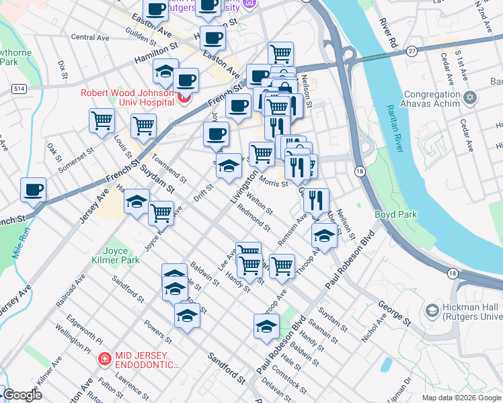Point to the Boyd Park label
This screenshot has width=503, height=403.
[x=395, y=215]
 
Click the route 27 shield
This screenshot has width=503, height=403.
[x=412, y=51]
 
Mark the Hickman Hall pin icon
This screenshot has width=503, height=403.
[x=432, y=310]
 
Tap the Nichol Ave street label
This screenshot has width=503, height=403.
[x=374, y=327]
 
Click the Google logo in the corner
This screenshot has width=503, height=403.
[x=22, y=395]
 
